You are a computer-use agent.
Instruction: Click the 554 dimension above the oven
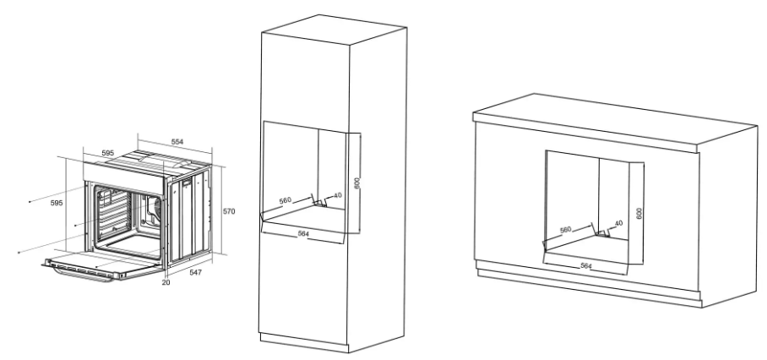tap(177, 142)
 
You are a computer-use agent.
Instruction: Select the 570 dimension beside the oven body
tap(229, 211)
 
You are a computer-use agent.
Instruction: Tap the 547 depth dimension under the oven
tap(196, 272)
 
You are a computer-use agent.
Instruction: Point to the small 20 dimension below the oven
tap(166, 282)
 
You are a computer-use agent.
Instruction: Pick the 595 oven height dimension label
tap(57, 203)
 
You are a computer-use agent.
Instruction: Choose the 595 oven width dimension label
tap(107, 153)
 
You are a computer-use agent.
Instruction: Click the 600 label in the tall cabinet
tap(357, 183)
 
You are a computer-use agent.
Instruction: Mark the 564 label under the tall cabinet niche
tap(303, 234)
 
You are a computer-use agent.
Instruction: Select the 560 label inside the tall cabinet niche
tap(286, 200)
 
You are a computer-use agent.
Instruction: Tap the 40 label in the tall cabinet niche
tap(338, 196)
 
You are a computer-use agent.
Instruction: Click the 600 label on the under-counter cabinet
tap(639, 213)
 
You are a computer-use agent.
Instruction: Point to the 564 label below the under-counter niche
tap(586, 265)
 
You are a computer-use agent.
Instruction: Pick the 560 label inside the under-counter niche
tap(565, 229)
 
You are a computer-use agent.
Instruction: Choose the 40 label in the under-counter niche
tap(619, 224)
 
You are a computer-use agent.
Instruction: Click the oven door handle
tap(83, 275)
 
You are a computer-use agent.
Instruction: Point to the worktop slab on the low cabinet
tap(615, 123)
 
